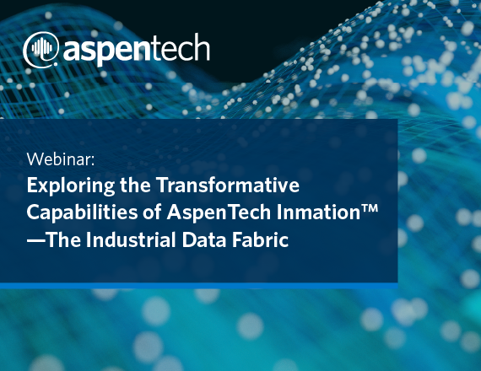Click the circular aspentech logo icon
click(x=41, y=50)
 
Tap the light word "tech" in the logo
click(x=181, y=46)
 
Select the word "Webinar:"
click(x=61, y=159)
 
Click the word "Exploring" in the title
click(x=71, y=185)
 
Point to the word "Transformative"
click(x=228, y=185)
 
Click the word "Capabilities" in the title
click(x=82, y=212)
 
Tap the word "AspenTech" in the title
click(x=219, y=212)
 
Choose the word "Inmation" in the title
click(x=318, y=212)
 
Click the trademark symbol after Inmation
click(x=370, y=207)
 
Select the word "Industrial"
click(x=131, y=239)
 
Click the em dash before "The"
click(x=35, y=240)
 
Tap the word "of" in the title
click(x=152, y=212)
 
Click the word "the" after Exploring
click(x=135, y=185)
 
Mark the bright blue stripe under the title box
click(x=199, y=286)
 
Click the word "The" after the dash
click(x=63, y=239)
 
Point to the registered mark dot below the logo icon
click(x=56, y=64)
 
